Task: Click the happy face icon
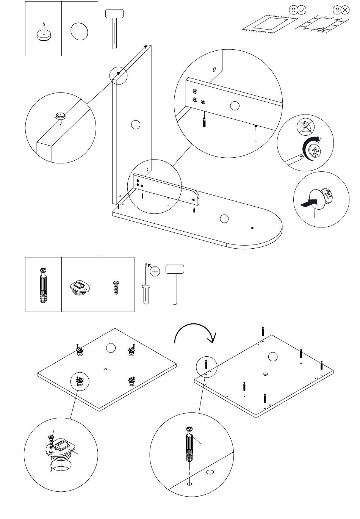(293, 9)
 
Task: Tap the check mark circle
(302, 10)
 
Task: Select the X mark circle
(345, 10)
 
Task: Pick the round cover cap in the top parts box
(80, 31)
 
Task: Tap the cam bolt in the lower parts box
(43, 285)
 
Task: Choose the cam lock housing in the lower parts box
(80, 287)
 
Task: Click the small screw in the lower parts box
(116, 287)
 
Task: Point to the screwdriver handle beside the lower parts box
(146, 294)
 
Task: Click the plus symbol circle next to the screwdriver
(155, 271)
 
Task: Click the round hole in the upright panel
(135, 124)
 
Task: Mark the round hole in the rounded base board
(224, 219)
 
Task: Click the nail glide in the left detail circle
(60, 116)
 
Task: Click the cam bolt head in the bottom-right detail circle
(190, 430)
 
